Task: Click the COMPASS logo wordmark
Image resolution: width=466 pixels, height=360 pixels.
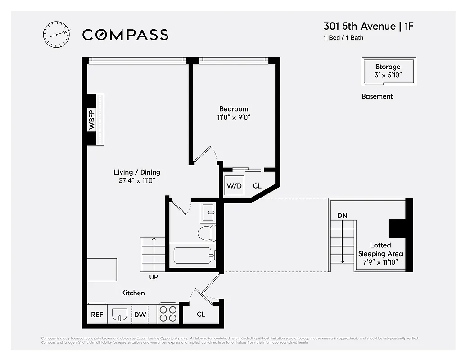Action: pyautogui.click(x=125, y=35)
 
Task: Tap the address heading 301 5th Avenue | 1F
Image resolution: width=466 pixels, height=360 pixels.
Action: pyautogui.click(x=368, y=26)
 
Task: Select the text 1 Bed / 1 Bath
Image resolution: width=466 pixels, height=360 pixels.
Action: pyautogui.click(x=343, y=38)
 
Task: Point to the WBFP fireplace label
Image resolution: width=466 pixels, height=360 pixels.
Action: pyautogui.click(x=92, y=120)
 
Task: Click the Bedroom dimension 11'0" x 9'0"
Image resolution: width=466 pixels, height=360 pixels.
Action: pyautogui.click(x=234, y=117)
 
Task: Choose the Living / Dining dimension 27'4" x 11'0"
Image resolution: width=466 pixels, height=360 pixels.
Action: pyautogui.click(x=136, y=180)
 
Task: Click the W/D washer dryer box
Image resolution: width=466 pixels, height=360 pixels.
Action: pyautogui.click(x=234, y=185)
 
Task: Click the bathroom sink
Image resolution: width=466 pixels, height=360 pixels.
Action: pyautogui.click(x=208, y=213)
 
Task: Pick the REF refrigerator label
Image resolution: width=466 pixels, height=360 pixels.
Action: pyautogui.click(x=97, y=315)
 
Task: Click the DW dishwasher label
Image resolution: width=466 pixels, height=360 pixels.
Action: pyautogui.click(x=140, y=315)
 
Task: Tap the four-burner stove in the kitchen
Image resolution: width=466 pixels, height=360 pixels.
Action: pyautogui.click(x=168, y=314)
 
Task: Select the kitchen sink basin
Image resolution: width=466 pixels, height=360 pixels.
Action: pyautogui.click(x=119, y=315)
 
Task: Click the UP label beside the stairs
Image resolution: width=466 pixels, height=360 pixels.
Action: pyautogui.click(x=154, y=277)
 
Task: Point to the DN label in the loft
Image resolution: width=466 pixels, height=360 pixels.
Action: pyautogui.click(x=342, y=216)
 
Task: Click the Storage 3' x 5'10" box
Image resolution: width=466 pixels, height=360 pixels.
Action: pyautogui.click(x=388, y=71)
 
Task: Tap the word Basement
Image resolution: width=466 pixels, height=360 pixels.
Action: pyautogui.click(x=377, y=96)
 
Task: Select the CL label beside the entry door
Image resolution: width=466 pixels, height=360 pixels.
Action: pyautogui.click(x=201, y=314)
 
